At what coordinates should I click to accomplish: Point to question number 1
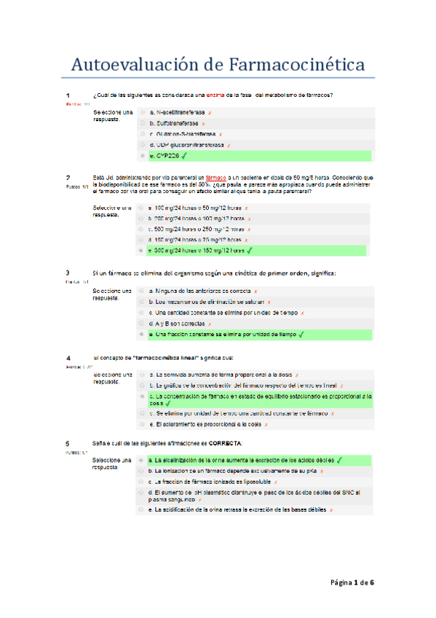pos(68,95)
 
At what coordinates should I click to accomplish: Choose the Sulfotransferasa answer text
pos(174,124)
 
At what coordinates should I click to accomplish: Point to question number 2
pos(68,177)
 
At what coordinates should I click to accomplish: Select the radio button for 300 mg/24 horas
pos(143,251)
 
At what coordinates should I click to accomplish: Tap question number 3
pos(68,273)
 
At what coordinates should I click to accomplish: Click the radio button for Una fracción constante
pos(143,335)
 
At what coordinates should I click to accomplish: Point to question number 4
pos(68,359)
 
